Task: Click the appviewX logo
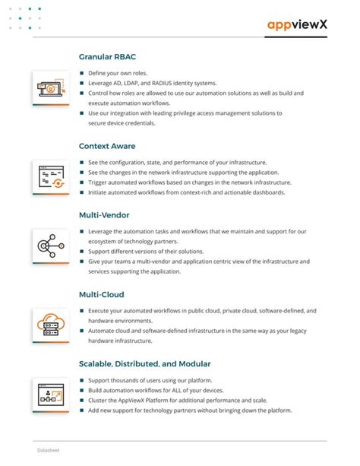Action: point(297,25)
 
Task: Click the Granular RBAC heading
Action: point(108,56)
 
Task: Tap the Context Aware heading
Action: point(108,146)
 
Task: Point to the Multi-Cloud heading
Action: point(102,294)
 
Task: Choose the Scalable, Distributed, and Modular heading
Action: point(145,363)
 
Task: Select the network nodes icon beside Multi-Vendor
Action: point(49,246)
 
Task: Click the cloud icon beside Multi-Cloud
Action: point(49,325)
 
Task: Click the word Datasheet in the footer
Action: point(49,451)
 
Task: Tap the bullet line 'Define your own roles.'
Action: point(118,74)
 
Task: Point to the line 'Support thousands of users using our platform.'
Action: point(150,380)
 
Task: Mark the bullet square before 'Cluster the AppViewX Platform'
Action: point(82,400)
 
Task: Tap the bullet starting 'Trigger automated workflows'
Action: point(189,182)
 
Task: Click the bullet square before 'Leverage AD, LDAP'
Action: point(82,84)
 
